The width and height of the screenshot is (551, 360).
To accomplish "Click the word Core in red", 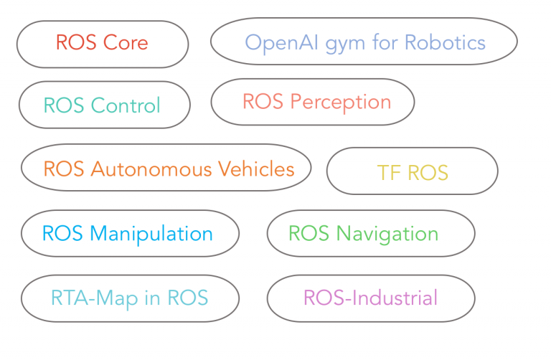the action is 126,42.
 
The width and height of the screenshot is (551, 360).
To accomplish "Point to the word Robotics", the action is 445,42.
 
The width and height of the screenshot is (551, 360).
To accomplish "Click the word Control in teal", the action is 126,105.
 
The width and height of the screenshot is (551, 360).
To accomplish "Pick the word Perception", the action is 341,103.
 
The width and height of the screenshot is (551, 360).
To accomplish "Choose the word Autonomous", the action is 151,169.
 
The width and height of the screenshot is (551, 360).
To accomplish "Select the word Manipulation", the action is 151,235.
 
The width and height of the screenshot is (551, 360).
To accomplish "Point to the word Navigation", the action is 387,235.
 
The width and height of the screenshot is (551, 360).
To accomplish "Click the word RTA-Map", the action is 95,298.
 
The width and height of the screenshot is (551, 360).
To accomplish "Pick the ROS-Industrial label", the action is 370,298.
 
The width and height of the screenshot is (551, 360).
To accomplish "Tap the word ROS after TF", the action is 428,172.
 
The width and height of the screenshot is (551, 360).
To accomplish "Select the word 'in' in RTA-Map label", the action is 152,298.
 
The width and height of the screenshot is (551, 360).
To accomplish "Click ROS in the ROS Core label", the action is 76,42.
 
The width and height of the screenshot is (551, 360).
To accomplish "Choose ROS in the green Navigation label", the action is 309,233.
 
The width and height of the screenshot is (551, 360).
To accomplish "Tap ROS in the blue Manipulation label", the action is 62,233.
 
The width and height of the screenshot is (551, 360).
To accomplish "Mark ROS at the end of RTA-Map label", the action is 188,298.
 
